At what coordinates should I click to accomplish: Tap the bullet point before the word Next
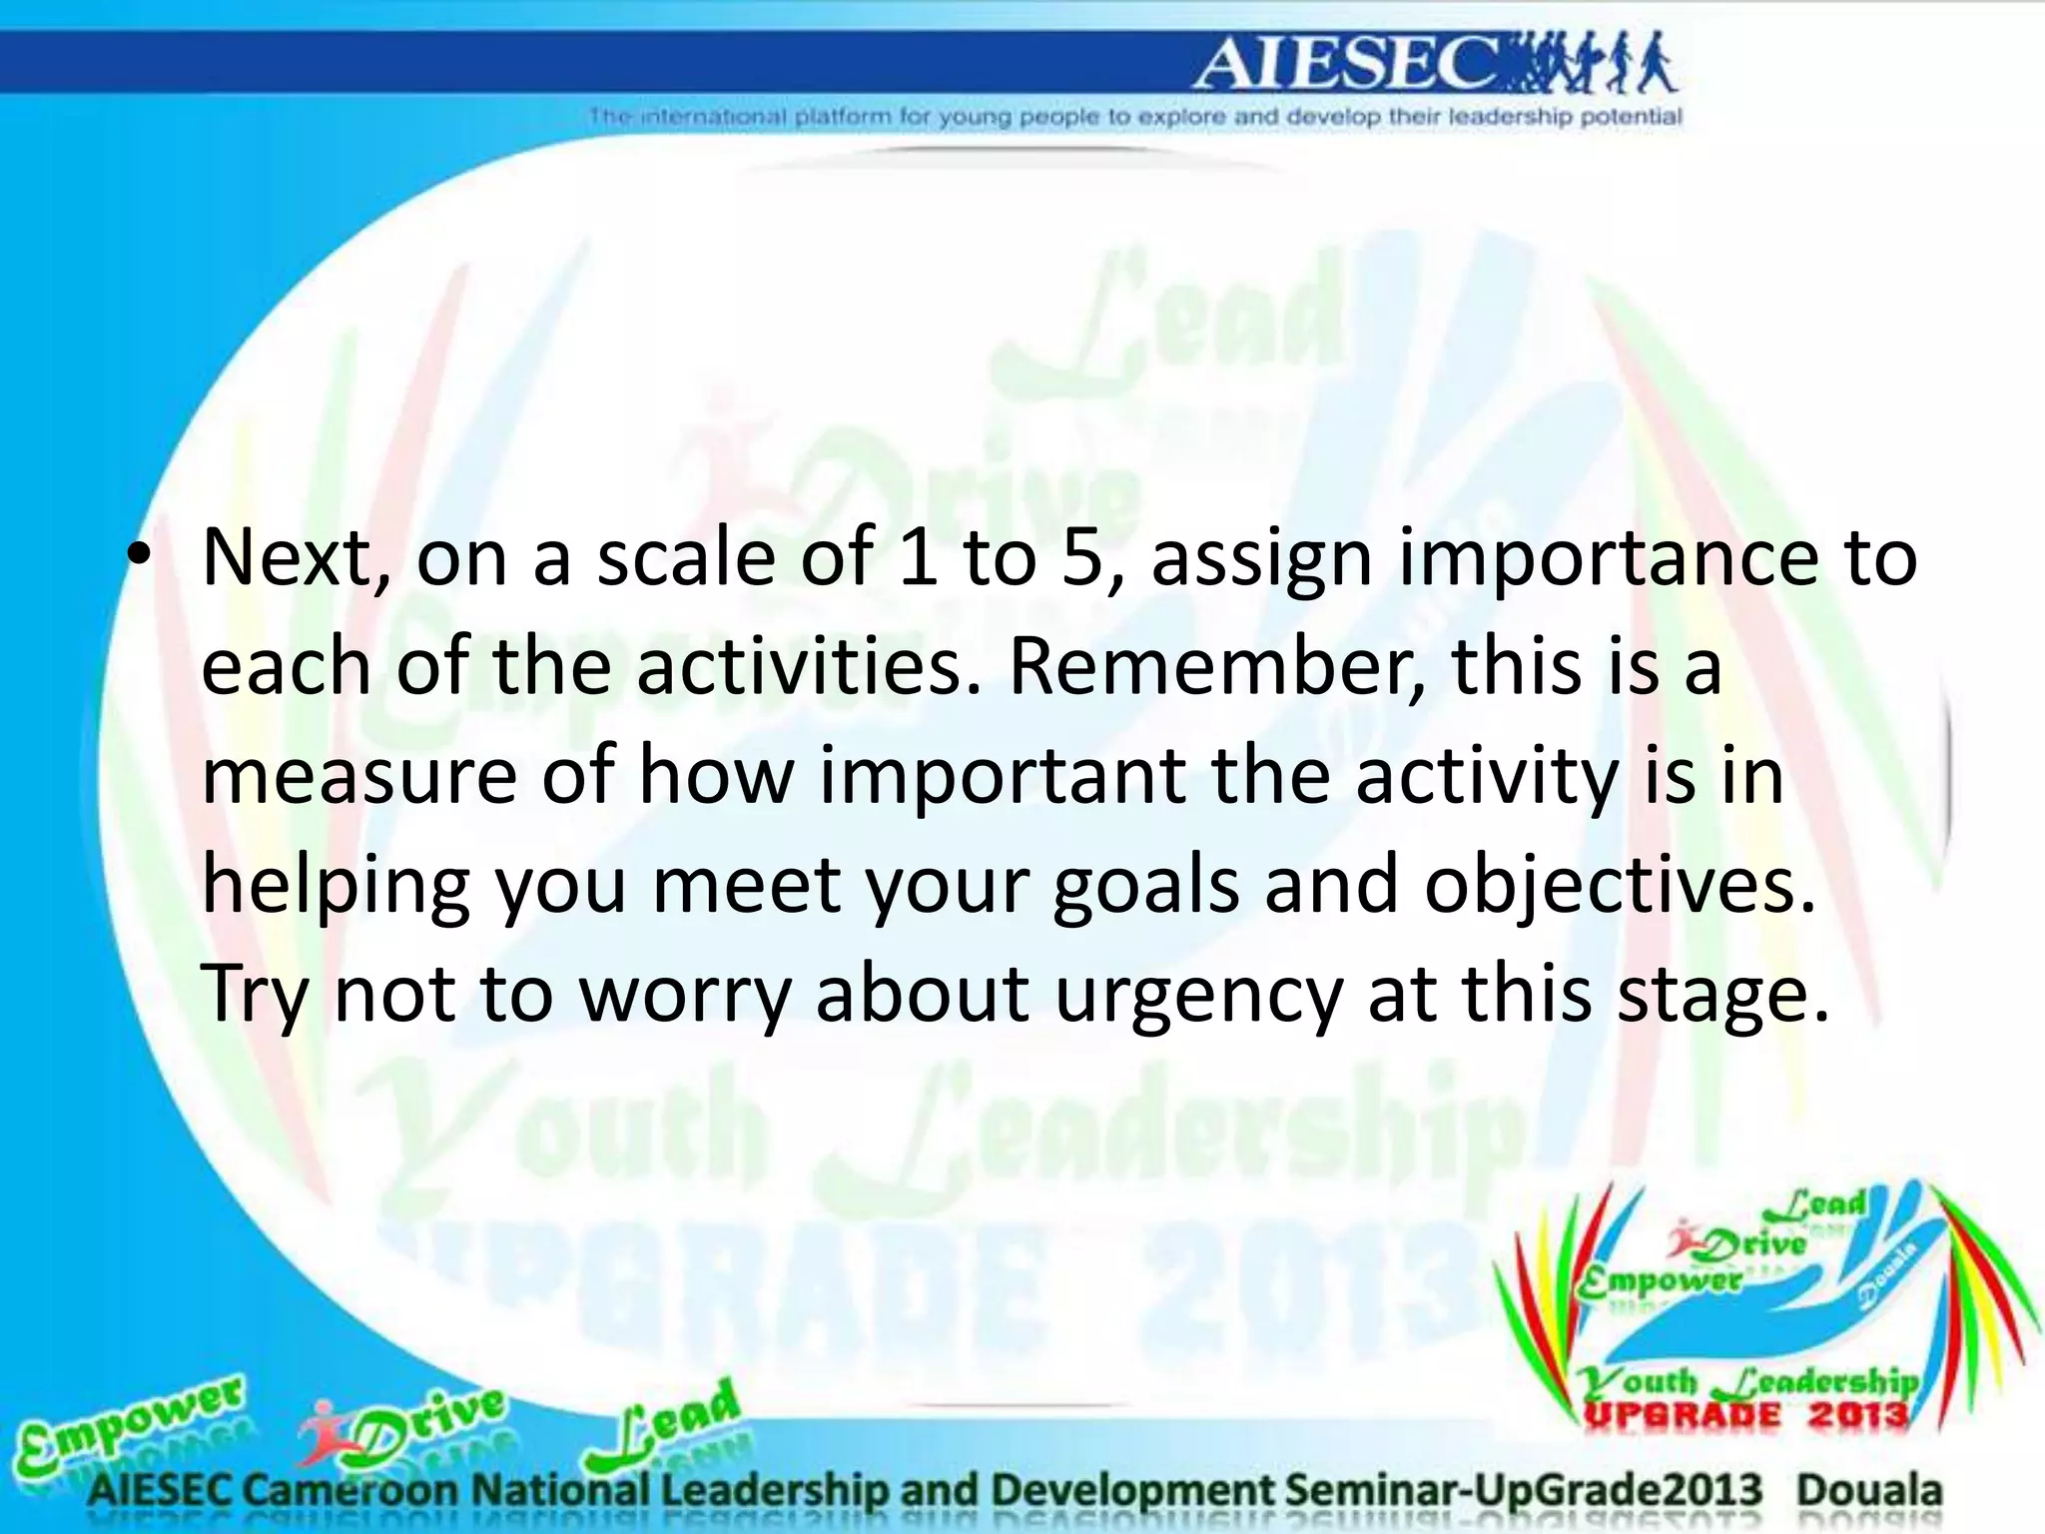pyautogui.click(x=139, y=556)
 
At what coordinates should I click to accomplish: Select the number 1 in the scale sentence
pyautogui.click(x=917, y=557)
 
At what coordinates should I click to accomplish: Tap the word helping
pyautogui.click(x=336, y=887)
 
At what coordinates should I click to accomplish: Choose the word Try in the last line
pyautogui.click(x=255, y=996)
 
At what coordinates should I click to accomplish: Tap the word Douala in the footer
pyautogui.click(x=1869, y=1491)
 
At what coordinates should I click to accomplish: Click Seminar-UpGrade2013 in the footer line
pyautogui.click(x=1523, y=1491)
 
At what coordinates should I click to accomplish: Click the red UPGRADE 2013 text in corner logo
pyautogui.click(x=1745, y=1415)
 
